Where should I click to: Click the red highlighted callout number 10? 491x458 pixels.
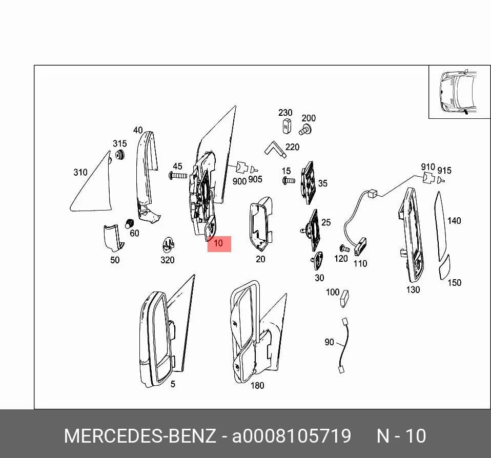coord(219,243)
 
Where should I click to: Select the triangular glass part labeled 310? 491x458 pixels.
coord(94,188)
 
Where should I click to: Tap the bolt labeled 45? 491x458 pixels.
coord(178,176)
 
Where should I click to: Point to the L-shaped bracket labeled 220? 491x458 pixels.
coord(275,149)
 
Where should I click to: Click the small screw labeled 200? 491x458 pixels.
coord(305,129)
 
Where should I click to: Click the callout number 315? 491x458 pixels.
coord(119,143)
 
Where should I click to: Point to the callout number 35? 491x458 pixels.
coord(322,183)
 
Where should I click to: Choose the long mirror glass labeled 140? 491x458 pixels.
coord(441,225)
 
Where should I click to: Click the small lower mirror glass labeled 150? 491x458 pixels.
coord(445,267)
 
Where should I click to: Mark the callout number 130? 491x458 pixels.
coord(413,289)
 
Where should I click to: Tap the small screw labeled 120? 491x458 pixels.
coord(344,248)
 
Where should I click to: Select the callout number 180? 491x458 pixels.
coord(257,385)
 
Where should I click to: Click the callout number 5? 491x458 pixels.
coord(173,384)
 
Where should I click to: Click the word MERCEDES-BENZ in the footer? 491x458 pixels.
coord(140,436)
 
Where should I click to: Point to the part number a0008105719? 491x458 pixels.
coord(291,436)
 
